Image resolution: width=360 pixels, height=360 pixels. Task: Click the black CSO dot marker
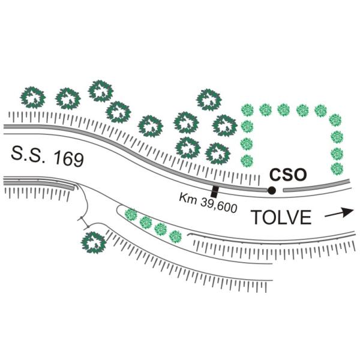point(272,190)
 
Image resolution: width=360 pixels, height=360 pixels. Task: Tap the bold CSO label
point(288,175)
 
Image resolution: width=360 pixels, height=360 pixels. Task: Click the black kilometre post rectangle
point(215,191)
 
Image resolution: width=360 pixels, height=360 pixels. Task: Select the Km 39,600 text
point(208,203)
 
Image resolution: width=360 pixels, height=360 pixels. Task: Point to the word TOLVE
point(281,217)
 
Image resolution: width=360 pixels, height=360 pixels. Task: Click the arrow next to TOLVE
point(339,213)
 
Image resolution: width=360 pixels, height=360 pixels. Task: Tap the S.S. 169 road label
point(47,157)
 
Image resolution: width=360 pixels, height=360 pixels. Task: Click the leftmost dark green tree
point(32,97)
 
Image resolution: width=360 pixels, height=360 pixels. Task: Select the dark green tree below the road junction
point(94,242)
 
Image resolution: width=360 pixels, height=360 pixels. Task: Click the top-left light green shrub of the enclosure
point(247,110)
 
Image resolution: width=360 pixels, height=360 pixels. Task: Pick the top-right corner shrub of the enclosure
point(335,120)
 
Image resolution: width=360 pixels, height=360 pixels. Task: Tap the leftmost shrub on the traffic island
point(131,214)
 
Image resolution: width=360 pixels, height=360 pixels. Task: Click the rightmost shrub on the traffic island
point(175,237)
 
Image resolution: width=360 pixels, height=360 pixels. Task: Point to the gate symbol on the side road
point(84,222)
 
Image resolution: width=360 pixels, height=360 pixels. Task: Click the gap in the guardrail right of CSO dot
point(280,190)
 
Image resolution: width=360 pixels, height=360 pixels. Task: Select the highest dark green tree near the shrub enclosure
point(209,100)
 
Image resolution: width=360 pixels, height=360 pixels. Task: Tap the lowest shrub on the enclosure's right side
point(337,169)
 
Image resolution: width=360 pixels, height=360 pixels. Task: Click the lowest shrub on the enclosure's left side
point(247,161)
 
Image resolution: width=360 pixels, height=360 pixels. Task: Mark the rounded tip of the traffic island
point(118,208)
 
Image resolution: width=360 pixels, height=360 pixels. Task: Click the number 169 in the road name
point(68,159)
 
